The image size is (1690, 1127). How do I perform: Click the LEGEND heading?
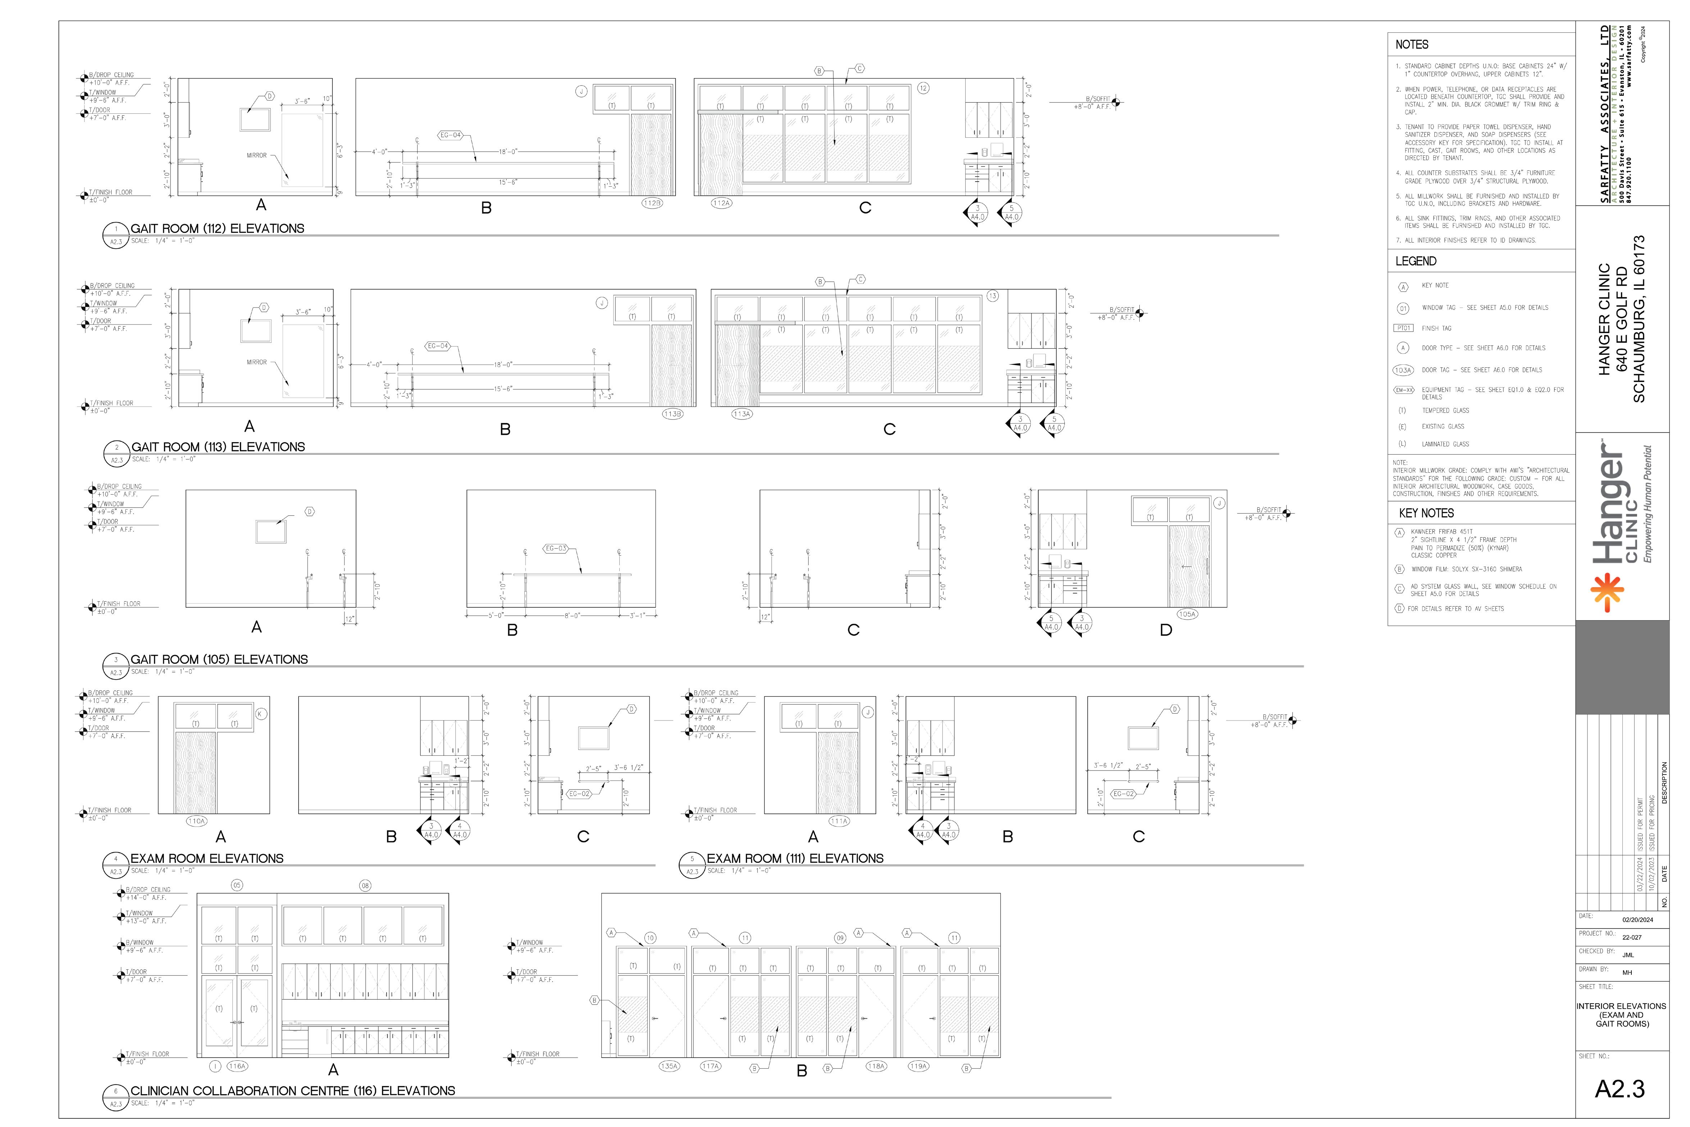click(x=1416, y=261)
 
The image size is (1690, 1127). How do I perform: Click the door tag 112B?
click(x=652, y=203)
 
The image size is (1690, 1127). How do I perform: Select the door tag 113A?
click(x=742, y=414)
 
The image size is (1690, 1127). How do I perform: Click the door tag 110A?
click(x=197, y=821)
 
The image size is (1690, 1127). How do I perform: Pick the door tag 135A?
click(x=669, y=1067)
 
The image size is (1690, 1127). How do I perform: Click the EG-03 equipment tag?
click(x=555, y=549)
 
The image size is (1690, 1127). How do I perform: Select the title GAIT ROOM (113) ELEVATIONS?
click(x=218, y=447)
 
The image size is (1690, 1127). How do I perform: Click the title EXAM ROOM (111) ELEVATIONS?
click(x=795, y=859)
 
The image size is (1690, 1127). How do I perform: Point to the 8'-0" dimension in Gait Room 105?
click(x=572, y=615)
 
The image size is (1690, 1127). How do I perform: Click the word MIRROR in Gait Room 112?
click(x=256, y=155)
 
